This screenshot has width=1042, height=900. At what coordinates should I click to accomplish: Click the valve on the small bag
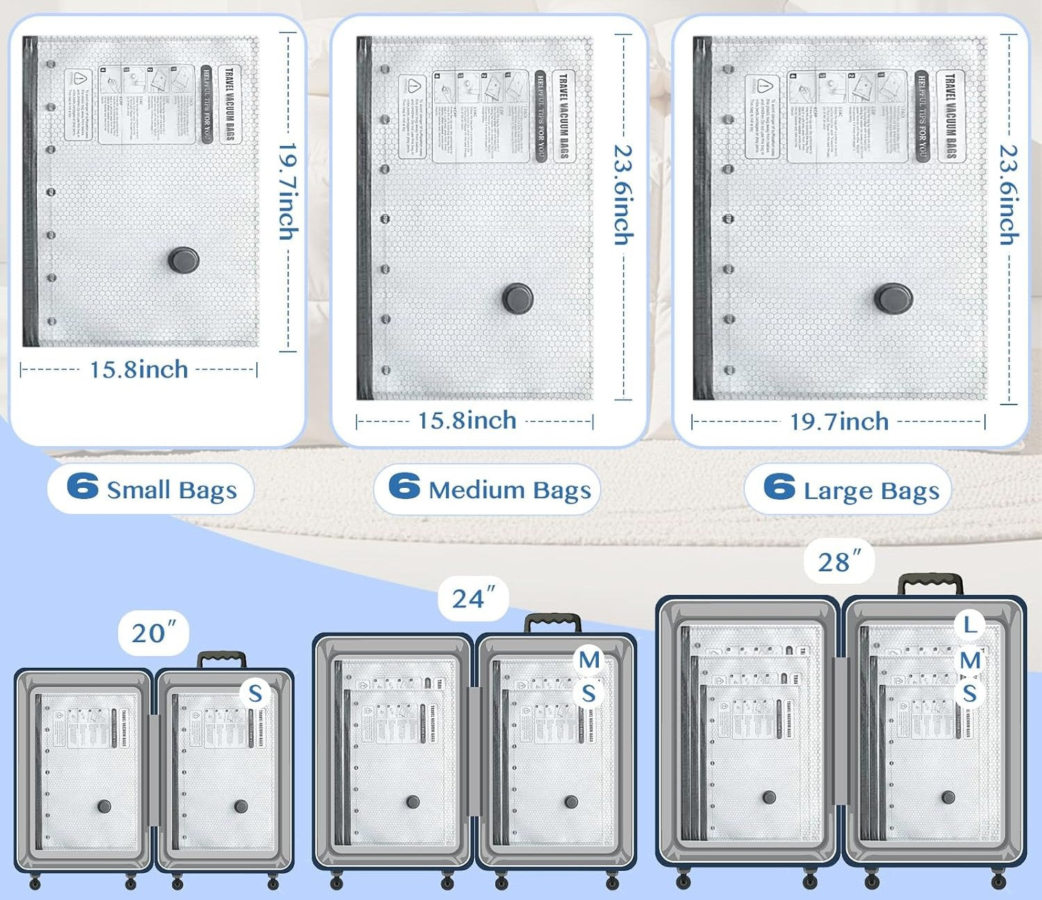[x=183, y=260]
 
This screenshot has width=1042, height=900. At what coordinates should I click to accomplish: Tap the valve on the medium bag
[x=518, y=297]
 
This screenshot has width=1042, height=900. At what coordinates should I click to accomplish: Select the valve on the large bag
[x=893, y=297]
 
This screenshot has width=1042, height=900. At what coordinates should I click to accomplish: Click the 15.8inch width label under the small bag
[x=139, y=369]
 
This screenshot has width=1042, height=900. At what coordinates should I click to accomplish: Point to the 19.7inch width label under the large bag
[x=839, y=421]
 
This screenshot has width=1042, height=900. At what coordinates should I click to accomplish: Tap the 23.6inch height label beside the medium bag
[x=623, y=195]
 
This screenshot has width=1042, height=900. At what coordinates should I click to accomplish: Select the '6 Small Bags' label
[x=151, y=489]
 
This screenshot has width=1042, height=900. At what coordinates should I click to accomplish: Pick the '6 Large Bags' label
[x=849, y=489]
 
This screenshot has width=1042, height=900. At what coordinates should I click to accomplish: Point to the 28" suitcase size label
[x=839, y=562]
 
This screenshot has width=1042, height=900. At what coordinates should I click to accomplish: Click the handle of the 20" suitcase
[x=222, y=658]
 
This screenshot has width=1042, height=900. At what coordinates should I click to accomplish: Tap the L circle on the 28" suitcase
[x=970, y=624]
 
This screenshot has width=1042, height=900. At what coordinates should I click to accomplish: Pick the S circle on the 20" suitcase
[x=256, y=693]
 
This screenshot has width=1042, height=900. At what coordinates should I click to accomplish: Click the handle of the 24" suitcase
[x=553, y=621]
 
